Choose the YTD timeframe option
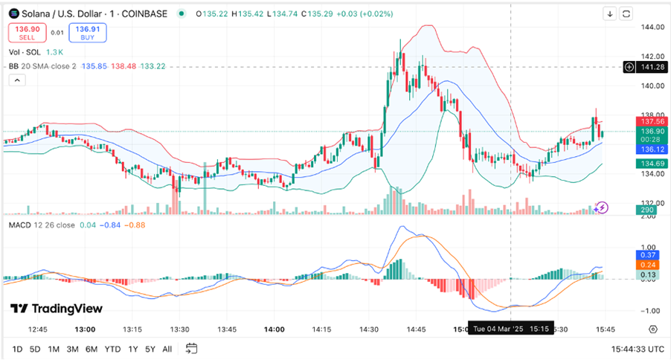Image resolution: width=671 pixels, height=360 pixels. (x=112, y=349)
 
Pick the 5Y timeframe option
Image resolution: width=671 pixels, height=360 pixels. (x=151, y=349)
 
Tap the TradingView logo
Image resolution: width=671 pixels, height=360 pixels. (x=57, y=309)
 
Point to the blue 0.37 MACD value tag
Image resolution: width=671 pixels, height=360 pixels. (x=647, y=255)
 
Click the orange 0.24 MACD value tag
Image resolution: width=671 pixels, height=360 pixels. (x=647, y=265)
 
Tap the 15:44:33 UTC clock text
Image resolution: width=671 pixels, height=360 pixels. (x=638, y=349)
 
